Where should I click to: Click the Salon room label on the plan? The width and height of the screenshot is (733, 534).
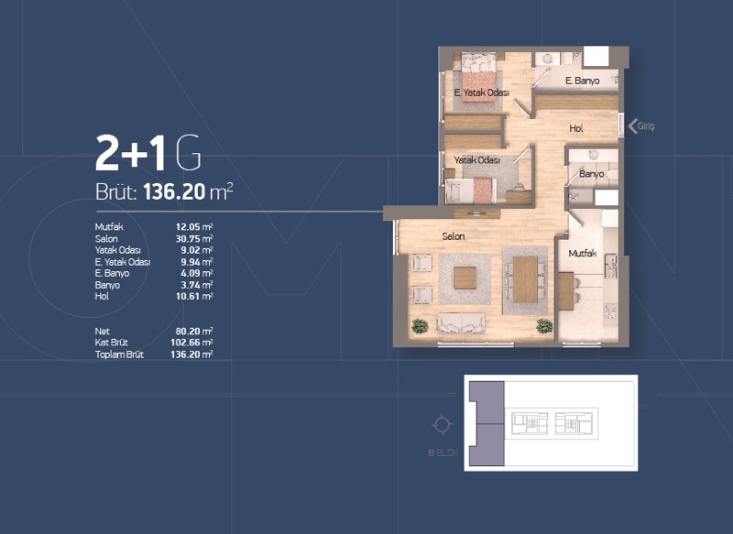click(453, 236)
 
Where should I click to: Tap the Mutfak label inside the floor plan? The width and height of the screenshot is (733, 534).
click(583, 253)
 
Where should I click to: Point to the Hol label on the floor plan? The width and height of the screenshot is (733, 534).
click(576, 128)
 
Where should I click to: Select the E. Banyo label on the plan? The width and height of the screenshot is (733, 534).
click(582, 81)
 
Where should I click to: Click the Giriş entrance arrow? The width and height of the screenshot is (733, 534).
click(633, 126)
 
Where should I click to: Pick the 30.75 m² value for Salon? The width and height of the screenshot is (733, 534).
click(194, 238)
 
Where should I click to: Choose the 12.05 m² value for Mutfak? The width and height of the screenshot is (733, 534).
click(194, 226)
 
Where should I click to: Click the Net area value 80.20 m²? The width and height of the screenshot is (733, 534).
click(194, 332)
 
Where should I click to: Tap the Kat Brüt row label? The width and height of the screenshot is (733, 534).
click(111, 343)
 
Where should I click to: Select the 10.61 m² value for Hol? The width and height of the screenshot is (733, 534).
click(194, 296)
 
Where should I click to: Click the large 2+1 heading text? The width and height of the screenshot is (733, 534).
click(130, 153)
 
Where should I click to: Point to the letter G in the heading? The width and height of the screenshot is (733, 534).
click(189, 153)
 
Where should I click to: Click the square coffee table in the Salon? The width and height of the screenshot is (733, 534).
click(465, 278)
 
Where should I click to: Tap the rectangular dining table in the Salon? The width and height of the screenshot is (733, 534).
click(525, 279)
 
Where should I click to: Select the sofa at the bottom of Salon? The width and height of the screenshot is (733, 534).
click(461, 323)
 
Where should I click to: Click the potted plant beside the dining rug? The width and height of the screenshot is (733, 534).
click(544, 326)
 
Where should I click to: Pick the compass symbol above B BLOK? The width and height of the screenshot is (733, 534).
click(442, 425)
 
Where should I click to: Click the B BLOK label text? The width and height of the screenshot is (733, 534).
click(443, 452)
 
